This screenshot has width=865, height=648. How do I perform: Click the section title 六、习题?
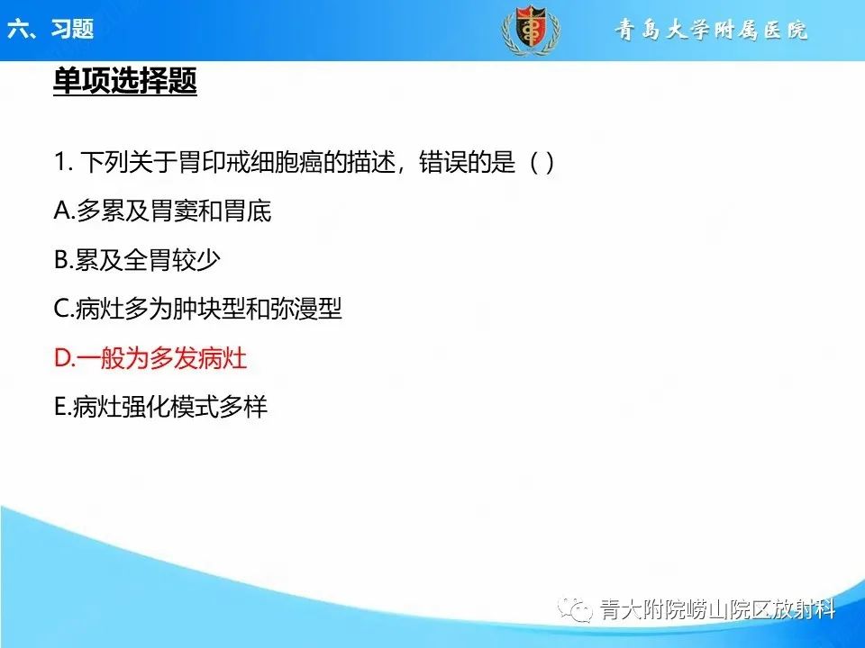click(50, 30)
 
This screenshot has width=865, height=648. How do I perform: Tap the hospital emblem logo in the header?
click(530, 31)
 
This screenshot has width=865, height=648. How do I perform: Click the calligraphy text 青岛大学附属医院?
click(712, 31)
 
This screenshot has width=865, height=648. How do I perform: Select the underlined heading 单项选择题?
click(125, 83)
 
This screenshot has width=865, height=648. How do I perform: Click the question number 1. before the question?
click(63, 163)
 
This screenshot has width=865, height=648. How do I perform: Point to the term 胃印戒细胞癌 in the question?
click(228, 163)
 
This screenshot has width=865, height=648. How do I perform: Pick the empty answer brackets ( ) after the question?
click(541, 163)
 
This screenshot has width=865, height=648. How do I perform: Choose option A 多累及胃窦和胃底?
click(163, 211)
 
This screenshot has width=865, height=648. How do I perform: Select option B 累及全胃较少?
click(138, 260)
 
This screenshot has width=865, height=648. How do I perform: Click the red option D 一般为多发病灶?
click(150, 358)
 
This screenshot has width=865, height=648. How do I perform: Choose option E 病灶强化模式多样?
click(161, 407)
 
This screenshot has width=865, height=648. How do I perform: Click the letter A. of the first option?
click(64, 211)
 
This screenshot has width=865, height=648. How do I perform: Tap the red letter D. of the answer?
click(64, 358)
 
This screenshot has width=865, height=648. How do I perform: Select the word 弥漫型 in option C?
click(308, 310)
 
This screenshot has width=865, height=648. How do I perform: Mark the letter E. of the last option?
click(63, 407)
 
